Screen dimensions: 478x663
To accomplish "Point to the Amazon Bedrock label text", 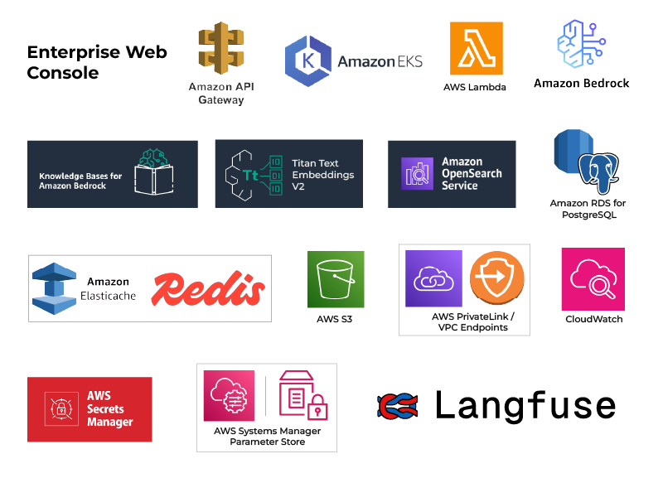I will [x=581, y=83].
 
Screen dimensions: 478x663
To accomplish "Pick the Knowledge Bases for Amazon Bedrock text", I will [x=80, y=181].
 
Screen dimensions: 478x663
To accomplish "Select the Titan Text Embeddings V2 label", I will [x=323, y=175].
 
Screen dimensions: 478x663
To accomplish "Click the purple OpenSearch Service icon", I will [x=418, y=174].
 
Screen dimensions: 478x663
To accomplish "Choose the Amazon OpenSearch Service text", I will [x=472, y=174].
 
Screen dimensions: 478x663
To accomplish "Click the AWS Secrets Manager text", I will [x=110, y=409].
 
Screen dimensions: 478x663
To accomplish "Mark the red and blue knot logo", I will [x=399, y=408].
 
